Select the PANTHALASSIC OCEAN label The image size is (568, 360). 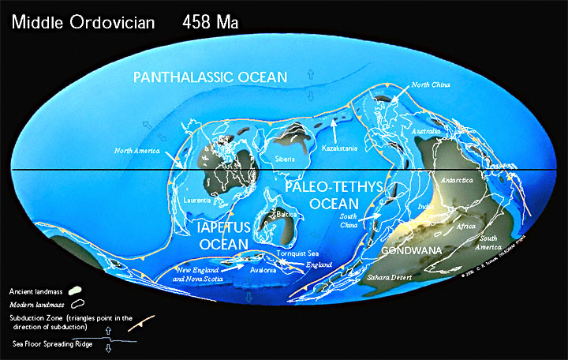click(x=210, y=77)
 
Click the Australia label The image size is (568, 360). click(x=430, y=131)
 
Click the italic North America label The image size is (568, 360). click(x=138, y=150)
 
